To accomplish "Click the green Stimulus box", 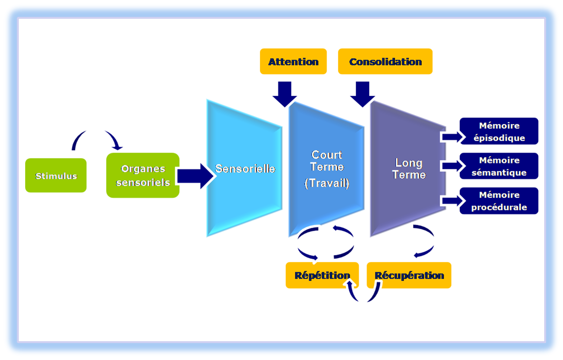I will (56, 175).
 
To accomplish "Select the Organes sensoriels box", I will (143, 175).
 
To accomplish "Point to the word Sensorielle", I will (245, 169).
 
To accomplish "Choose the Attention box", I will (293, 62).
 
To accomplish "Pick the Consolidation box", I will (385, 62).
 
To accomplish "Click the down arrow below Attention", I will (285, 93).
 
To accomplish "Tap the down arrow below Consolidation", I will (363, 93).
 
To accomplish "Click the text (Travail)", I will (327, 183).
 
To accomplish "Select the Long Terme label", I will (409, 168).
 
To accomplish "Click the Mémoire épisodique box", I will (499, 132).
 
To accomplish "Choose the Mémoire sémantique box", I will (499, 166).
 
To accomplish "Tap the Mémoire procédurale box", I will (499, 201).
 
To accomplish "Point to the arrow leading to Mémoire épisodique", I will (450, 137).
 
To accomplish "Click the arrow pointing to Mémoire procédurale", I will (450, 200).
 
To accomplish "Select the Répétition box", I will (322, 275).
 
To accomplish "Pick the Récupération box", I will (409, 275).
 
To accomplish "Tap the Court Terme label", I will (327, 161).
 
